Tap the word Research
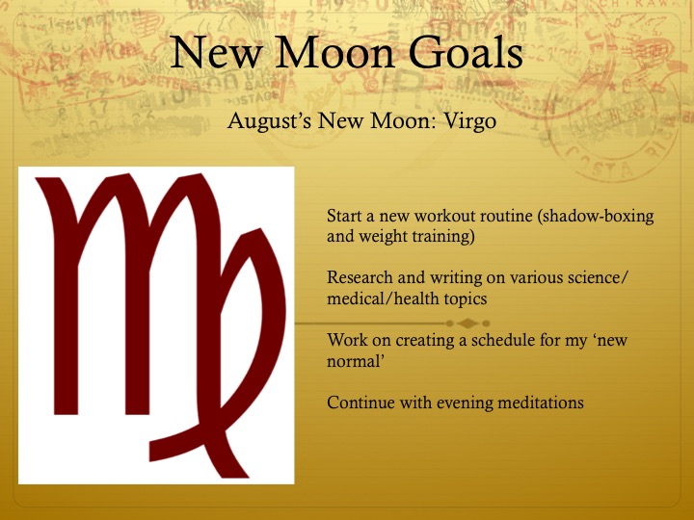tap(360, 278)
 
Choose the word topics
tap(465, 299)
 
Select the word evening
tap(463, 403)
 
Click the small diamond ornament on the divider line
tap(467, 322)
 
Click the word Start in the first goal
tap(344, 216)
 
